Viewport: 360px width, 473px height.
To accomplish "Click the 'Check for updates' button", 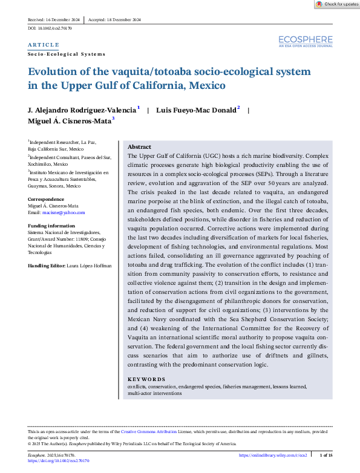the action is point(337,4).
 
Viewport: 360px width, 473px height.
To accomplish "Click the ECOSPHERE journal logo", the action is point(306,41).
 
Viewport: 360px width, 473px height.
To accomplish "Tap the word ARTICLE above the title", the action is point(44,45).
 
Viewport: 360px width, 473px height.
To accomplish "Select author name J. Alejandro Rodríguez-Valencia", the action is point(83,111).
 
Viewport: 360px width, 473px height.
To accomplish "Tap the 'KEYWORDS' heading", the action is point(146,379).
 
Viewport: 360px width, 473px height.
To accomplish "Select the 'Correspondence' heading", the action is point(47,199).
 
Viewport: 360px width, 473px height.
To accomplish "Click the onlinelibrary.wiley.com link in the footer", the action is point(273,454).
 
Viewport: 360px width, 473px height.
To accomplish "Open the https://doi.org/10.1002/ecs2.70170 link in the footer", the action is point(59,461).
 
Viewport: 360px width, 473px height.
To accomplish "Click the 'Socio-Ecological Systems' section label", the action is point(67,54).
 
